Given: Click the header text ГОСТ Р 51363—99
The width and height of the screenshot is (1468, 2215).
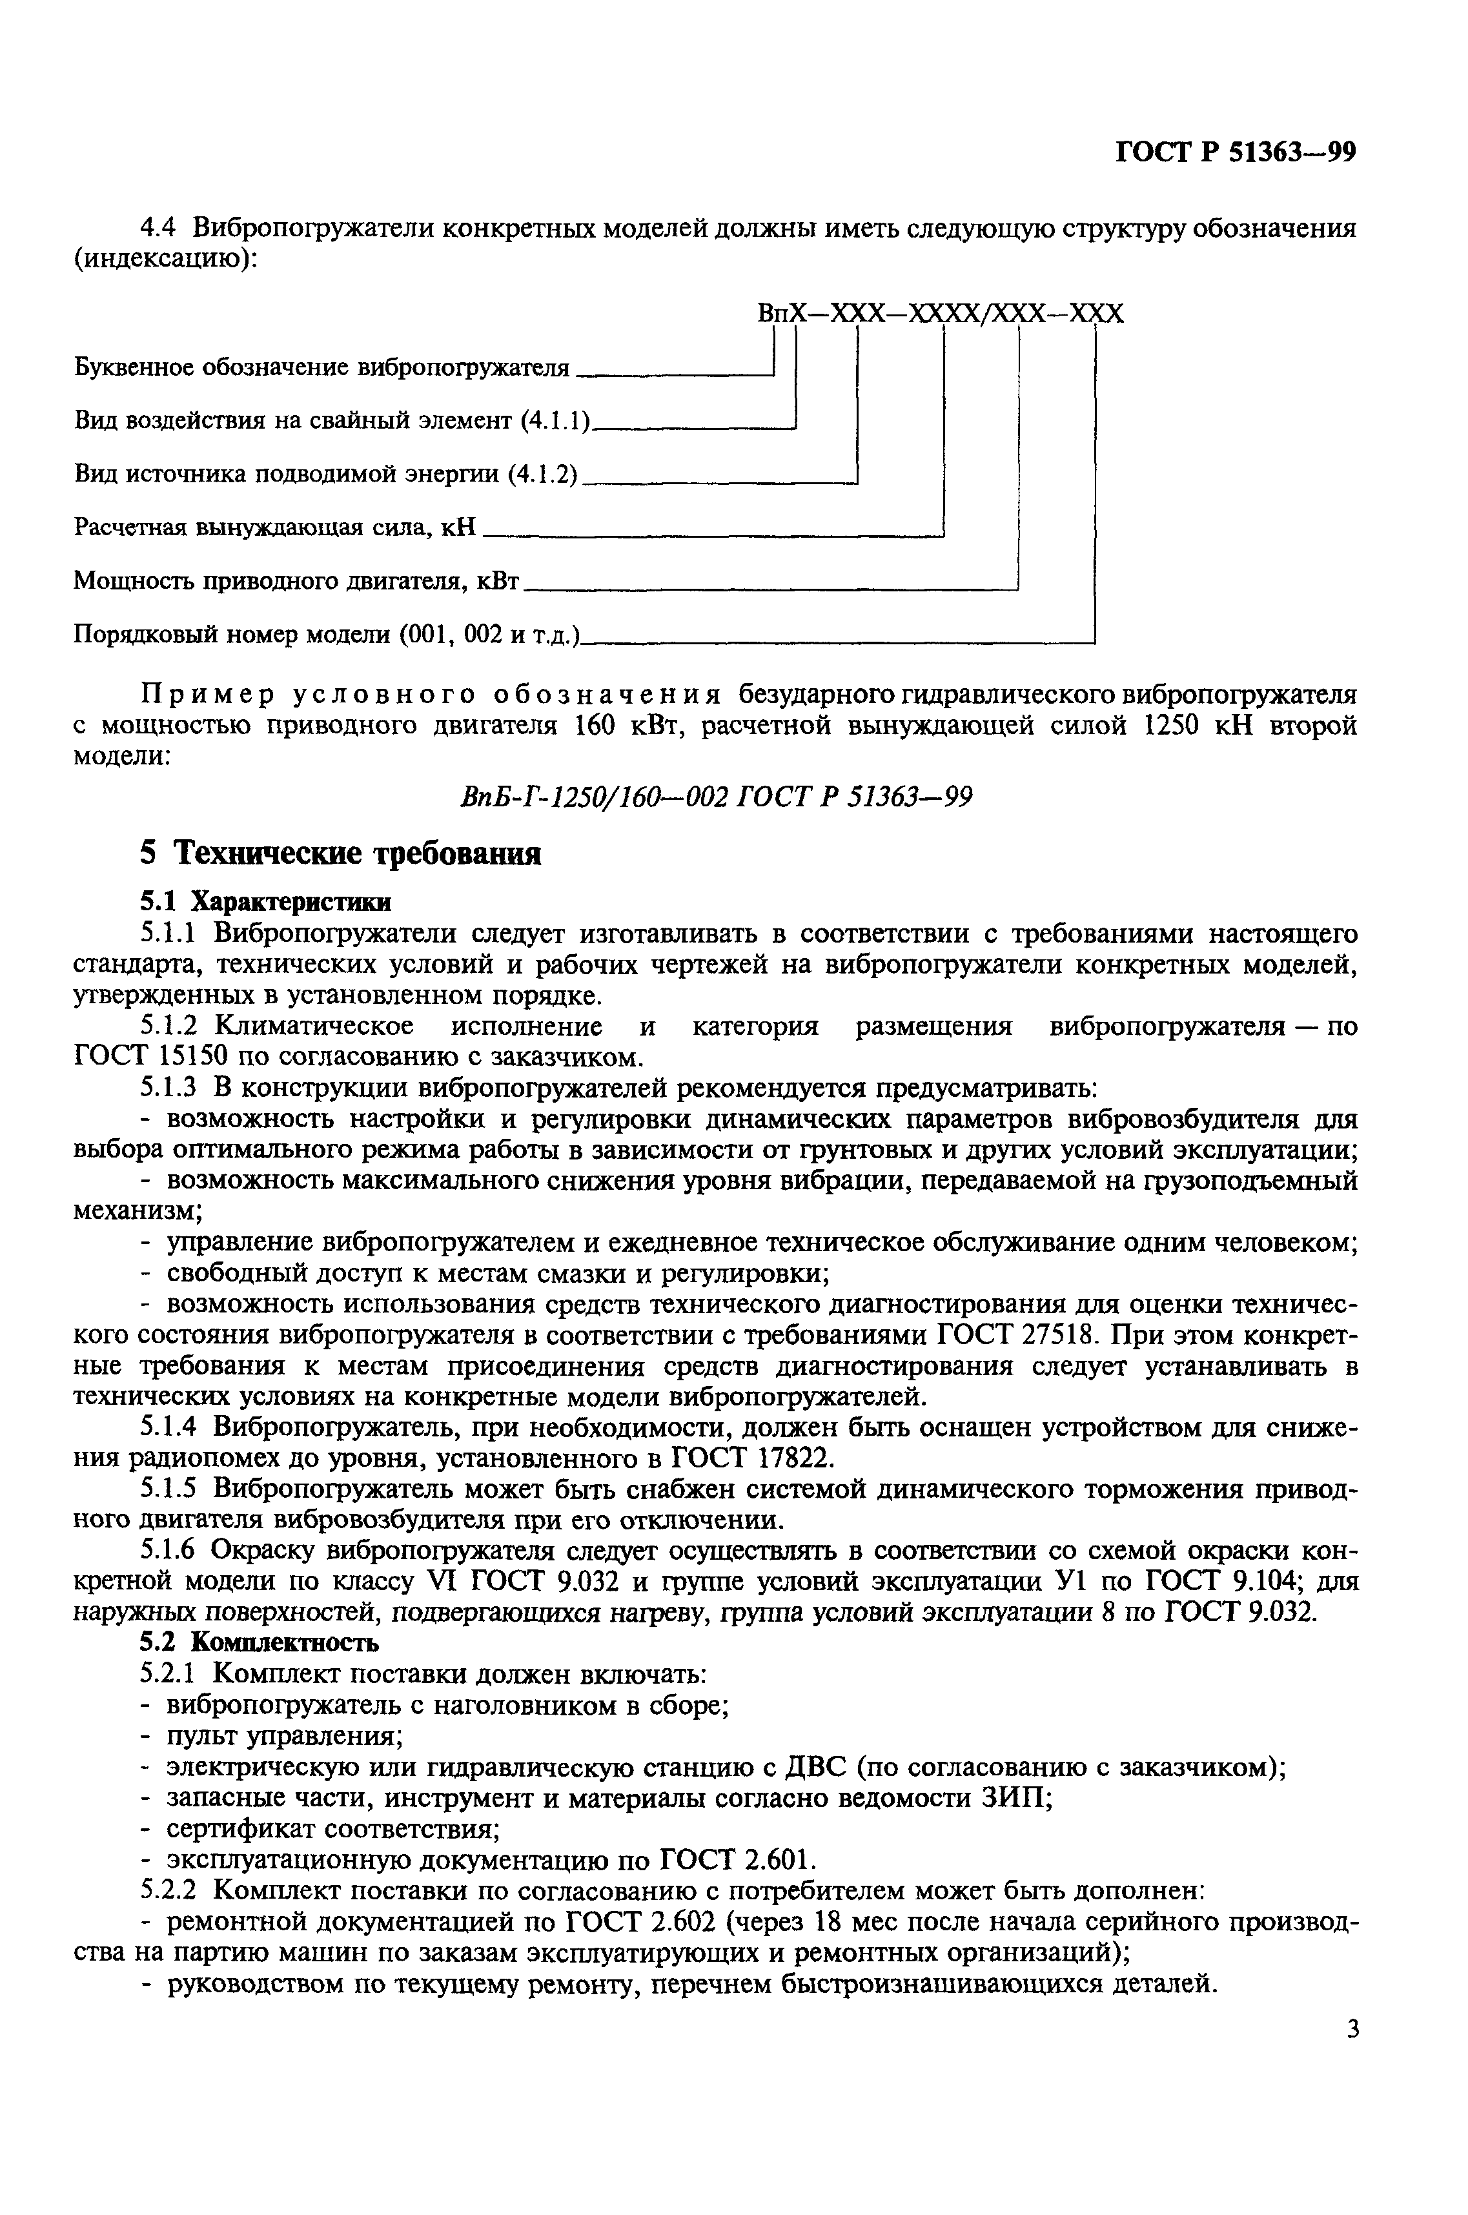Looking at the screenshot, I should (x=1236, y=152).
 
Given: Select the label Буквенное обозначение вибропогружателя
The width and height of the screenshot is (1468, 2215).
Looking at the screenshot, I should (x=321, y=367).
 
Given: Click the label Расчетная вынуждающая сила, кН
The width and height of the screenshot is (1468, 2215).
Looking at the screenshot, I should (x=275, y=528).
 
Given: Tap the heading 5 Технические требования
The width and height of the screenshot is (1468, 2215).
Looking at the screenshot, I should (x=341, y=854).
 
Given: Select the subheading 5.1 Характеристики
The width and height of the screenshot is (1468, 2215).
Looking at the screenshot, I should (x=266, y=901).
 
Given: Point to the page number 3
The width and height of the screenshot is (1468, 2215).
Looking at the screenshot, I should (x=1352, y=2055).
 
